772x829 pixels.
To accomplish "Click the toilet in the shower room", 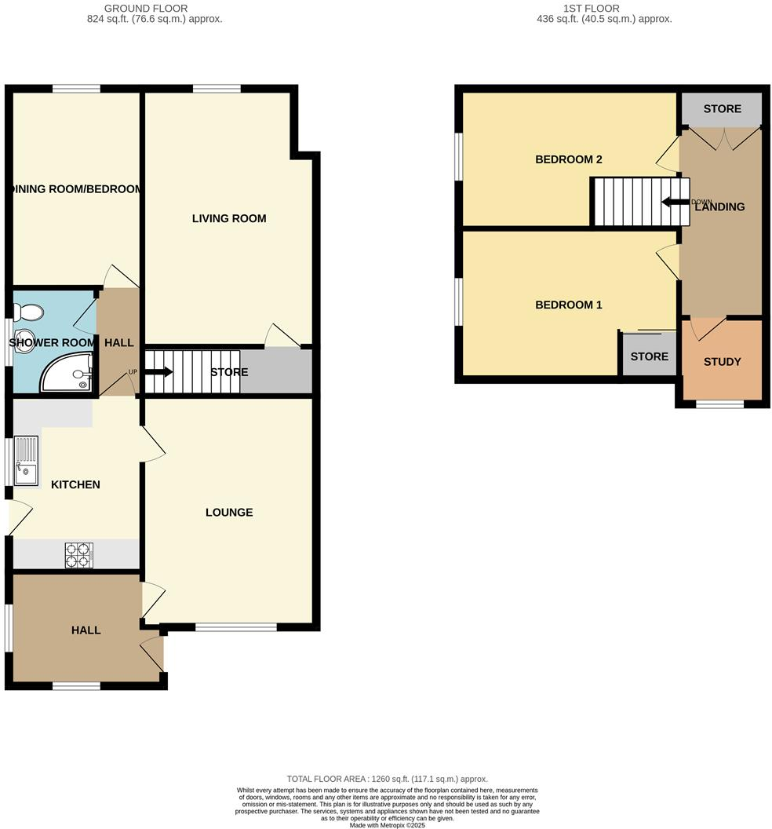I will pos(28,313).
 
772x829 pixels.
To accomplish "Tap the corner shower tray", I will pos(69,374).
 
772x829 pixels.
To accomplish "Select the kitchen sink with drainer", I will pos(26,461).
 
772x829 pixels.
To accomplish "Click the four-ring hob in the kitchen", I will pos(79,555).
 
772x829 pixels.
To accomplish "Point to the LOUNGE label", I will pos(229,513).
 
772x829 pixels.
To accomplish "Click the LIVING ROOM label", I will pos(229,218).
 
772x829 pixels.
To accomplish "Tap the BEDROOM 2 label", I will pos(568,159).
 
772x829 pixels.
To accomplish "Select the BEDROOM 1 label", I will pos(568,305).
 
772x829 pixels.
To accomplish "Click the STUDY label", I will pos(722,362).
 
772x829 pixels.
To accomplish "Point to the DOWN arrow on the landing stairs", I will pos(675,202).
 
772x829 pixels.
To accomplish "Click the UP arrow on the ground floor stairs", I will pos(158,372).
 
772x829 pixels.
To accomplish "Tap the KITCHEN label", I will pos(75,484).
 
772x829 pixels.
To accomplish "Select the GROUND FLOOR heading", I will pos(155,9).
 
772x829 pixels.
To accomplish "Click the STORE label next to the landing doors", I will pos(722,108).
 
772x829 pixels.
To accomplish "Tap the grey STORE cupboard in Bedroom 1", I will pos(649,356).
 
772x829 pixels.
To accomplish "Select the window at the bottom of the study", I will pos(720,404).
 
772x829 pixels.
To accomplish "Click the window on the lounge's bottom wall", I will pos(235,626).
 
